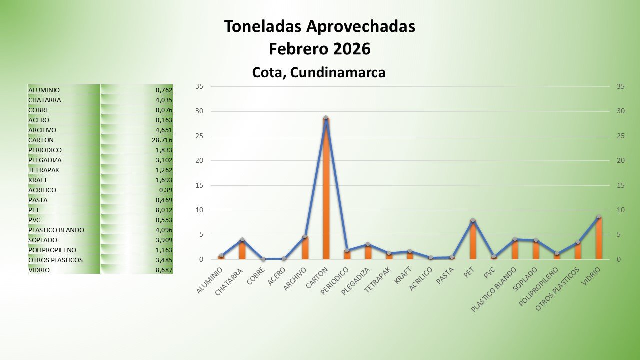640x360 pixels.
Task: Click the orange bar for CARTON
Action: [x=326, y=190]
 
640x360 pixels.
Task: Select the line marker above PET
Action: [x=472, y=220]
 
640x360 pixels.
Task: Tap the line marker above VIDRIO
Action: [x=598, y=217]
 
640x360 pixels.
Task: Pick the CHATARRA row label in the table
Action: [x=45, y=100]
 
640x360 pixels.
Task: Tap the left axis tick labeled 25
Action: [x=199, y=136]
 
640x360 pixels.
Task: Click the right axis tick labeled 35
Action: [x=621, y=86]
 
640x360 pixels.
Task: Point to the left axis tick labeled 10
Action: [x=199, y=210]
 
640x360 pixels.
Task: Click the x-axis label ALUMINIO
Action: [x=210, y=281]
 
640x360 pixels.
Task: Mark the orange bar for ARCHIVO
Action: [x=305, y=248]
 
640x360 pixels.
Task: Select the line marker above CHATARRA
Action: [x=242, y=240]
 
